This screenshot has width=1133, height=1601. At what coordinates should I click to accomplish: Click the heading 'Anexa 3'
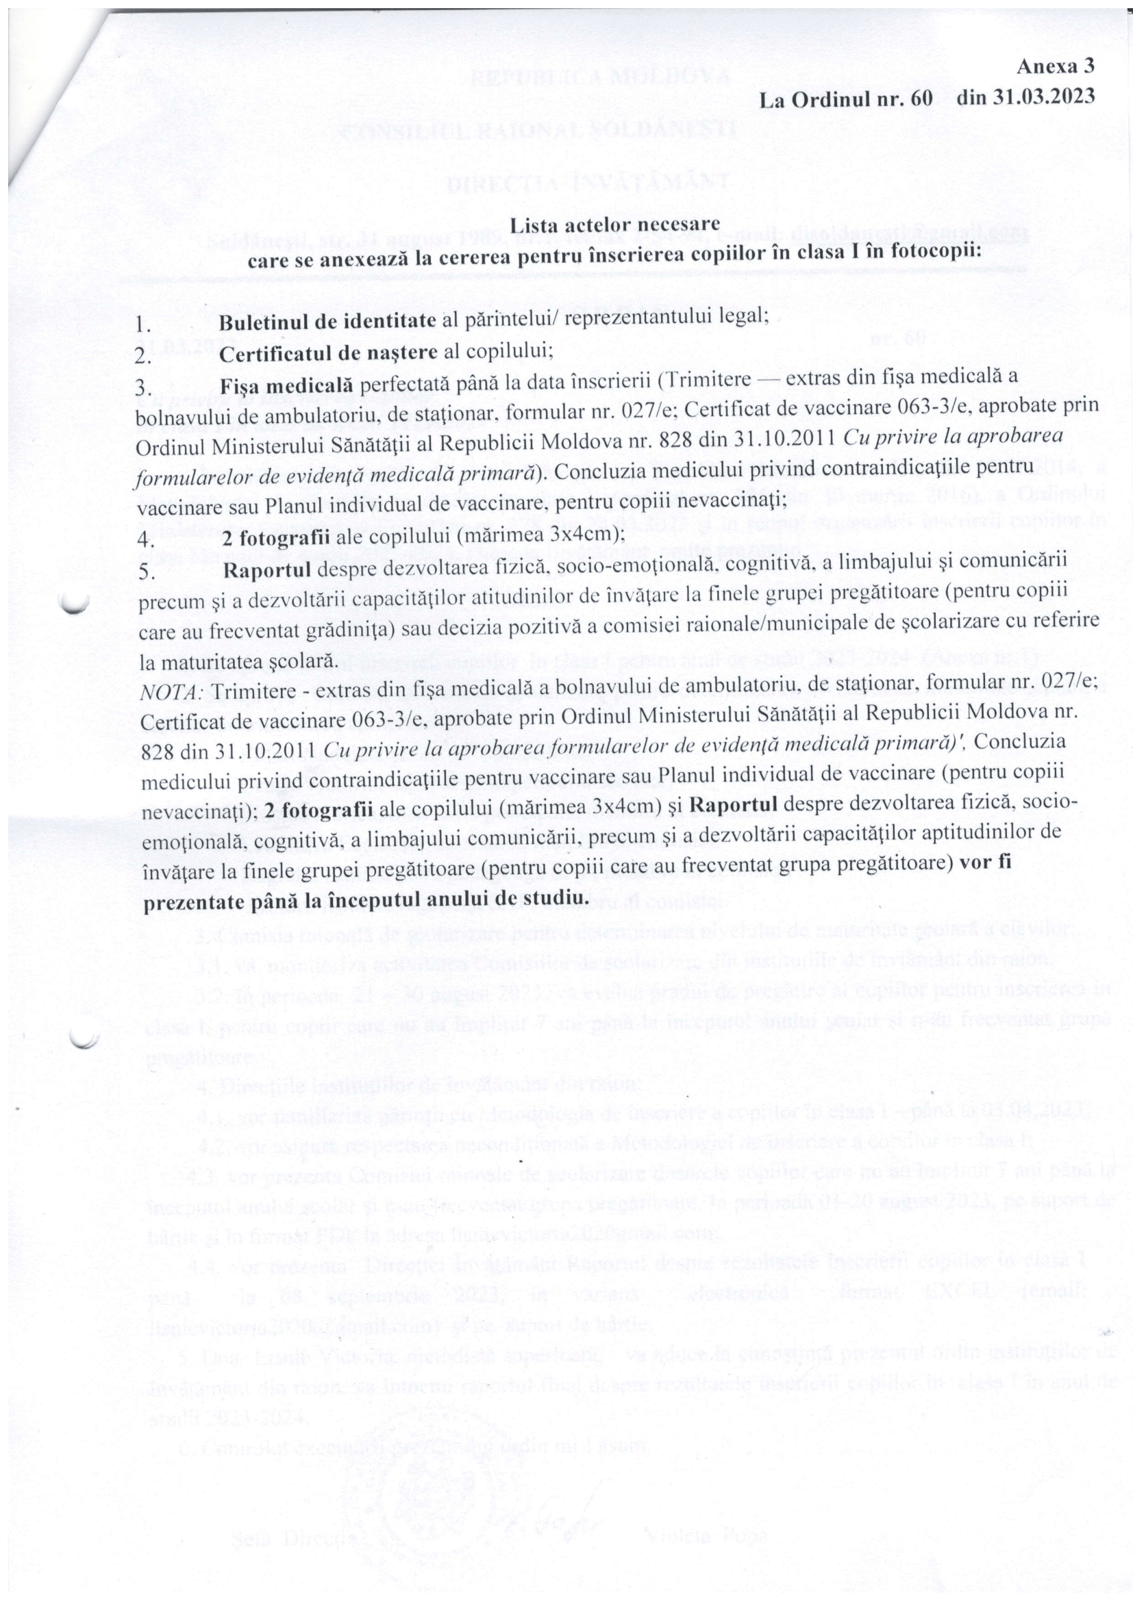pos(1056,67)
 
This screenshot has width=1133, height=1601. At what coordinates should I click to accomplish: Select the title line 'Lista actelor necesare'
pos(605,225)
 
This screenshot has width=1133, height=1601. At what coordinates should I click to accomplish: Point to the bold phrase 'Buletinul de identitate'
pos(330,322)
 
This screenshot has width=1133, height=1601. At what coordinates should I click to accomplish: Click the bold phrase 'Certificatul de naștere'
pos(331,353)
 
